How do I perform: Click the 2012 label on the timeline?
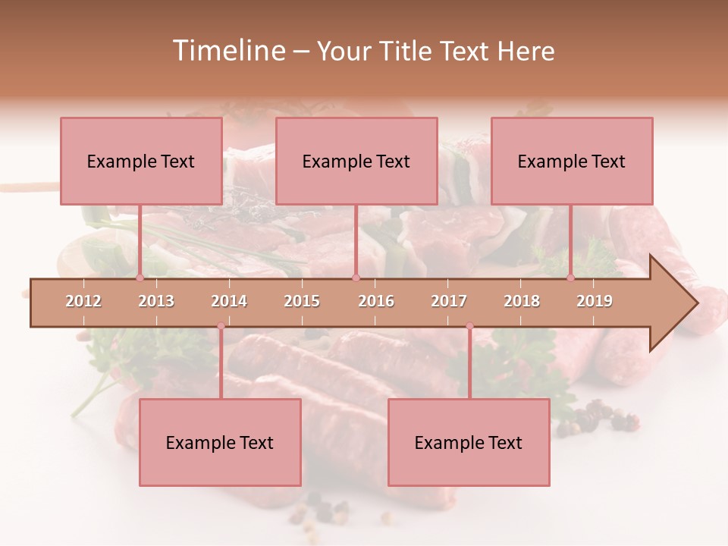[83, 301]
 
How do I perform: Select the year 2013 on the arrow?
[156, 301]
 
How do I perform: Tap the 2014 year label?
[229, 301]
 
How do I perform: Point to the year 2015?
[302, 301]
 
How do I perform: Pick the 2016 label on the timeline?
[376, 301]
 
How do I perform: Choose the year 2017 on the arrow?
[449, 301]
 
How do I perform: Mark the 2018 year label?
[522, 301]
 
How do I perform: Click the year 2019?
[595, 301]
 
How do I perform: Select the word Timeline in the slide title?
[227, 51]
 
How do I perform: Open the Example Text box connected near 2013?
[141, 161]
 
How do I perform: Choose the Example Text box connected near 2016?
[356, 161]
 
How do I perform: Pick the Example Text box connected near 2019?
[572, 161]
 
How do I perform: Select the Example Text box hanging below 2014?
[220, 442]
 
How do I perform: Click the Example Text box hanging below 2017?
[469, 442]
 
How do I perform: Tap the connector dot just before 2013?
[140, 278]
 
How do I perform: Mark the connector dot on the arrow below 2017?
[469, 326]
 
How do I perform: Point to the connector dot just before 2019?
[570, 278]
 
